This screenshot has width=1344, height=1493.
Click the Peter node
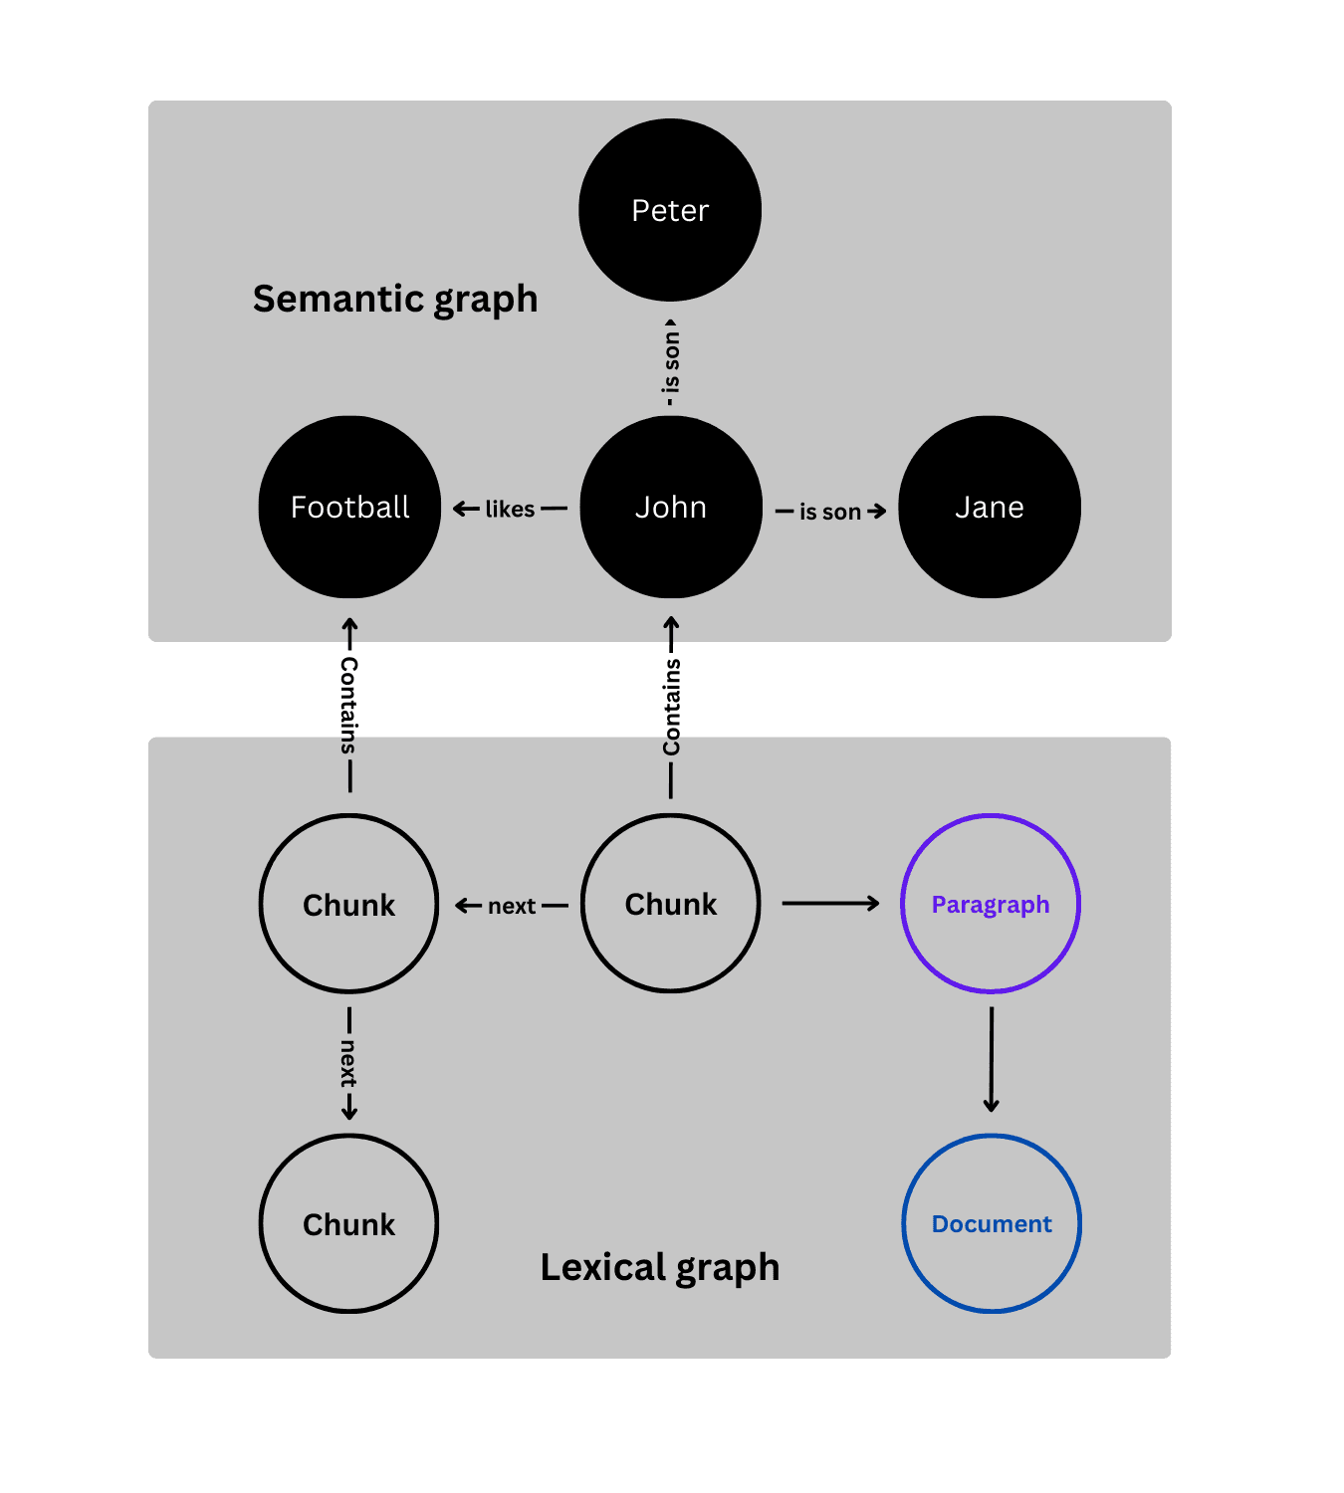coord(670,210)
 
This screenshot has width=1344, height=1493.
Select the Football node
coord(349,507)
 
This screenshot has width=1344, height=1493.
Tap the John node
coord(671,507)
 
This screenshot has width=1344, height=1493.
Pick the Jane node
coord(990,507)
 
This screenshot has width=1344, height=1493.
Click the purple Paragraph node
coord(991,904)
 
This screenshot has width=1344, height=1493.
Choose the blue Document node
coord(992,1223)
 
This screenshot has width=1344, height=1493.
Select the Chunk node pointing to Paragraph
coord(671,904)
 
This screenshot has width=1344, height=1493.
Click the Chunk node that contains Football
coord(349,904)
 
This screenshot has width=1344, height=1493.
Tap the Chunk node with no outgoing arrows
coord(349,1223)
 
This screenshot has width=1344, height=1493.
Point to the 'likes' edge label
coord(510,510)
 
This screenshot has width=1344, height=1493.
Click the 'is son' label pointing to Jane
coord(830,512)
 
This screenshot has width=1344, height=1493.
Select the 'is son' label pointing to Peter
coord(672,362)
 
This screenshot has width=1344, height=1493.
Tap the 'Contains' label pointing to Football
coord(348,705)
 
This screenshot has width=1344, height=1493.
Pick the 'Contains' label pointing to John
coord(672,707)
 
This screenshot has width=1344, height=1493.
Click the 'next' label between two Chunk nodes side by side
coord(512,906)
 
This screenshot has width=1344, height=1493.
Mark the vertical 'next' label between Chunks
coord(348,1063)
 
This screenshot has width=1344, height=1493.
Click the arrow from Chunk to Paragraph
coord(830,904)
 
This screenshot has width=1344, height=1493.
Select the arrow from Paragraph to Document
coord(991,1059)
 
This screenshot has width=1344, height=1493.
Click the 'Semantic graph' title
coord(395,299)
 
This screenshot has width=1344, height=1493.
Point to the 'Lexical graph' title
coord(660,1267)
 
